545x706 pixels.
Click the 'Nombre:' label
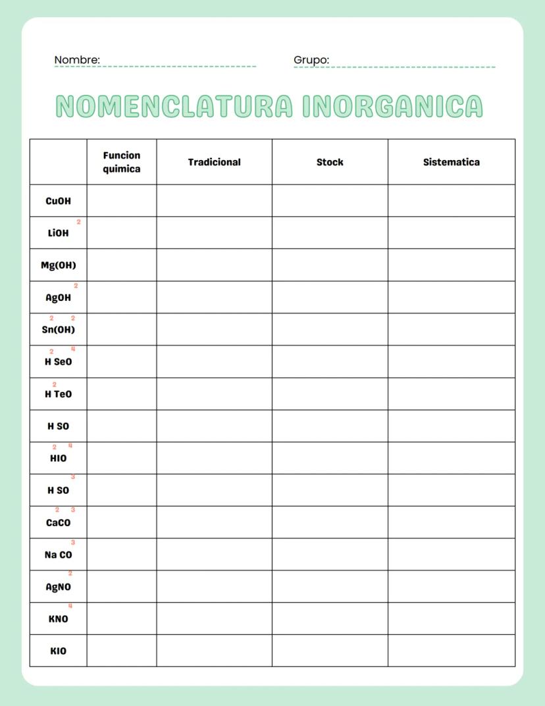point(77,60)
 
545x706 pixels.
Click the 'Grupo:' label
point(311,60)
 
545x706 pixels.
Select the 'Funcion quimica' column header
point(122,162)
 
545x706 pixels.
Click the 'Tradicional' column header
point(214,162)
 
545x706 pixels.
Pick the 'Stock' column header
point(330,162)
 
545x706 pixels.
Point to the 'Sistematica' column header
point(451,162)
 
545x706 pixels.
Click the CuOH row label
point(58,201)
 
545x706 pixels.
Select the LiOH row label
point(58,233)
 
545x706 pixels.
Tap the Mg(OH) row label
point(58,265)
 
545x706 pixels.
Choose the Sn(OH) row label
point(58,330)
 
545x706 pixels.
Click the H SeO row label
point(58,362)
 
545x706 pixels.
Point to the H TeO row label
point(58,394)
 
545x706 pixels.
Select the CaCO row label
point(58,523)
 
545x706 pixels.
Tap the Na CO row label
point(58,555)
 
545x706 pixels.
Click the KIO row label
point(58,651)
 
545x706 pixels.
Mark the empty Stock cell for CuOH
point(330,201)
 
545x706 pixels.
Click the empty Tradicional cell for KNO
point(214,618)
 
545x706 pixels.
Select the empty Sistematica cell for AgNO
point(451,586)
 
